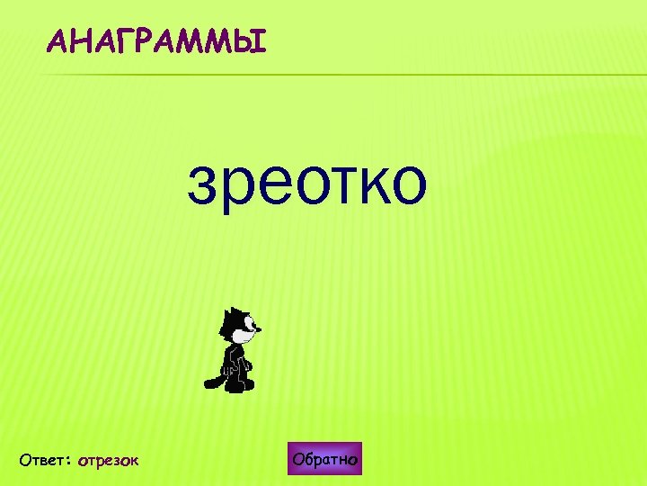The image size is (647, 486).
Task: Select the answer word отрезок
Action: [x=108, y=461]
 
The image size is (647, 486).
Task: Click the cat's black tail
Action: [x=214, y=380]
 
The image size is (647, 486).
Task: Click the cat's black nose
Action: [x=260, y=330]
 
